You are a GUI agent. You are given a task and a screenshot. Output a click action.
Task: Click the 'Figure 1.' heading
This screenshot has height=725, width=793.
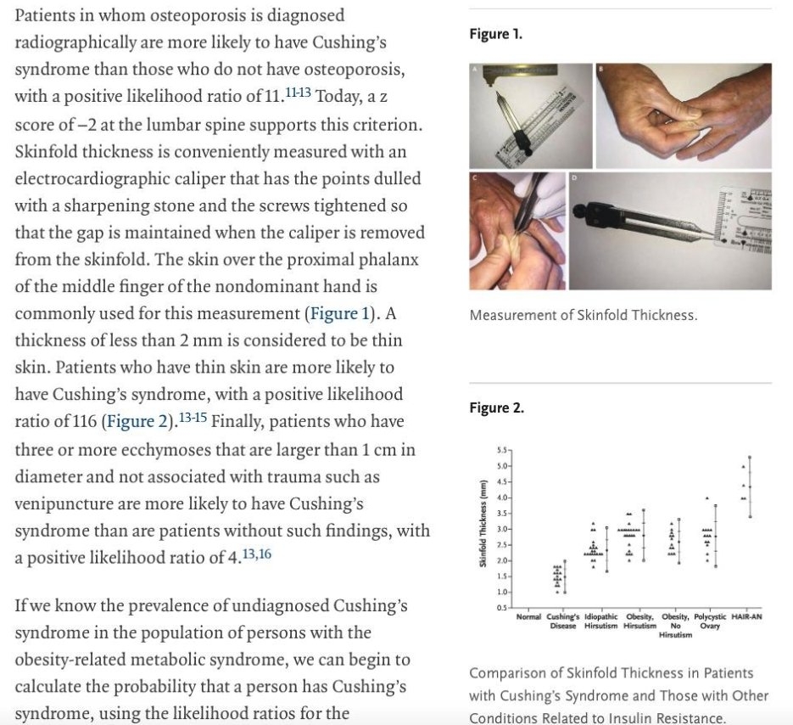495,35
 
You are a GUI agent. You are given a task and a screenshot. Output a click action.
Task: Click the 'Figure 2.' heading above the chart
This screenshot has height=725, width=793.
496,408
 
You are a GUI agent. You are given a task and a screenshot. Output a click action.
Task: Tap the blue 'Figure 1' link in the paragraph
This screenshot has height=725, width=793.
340,313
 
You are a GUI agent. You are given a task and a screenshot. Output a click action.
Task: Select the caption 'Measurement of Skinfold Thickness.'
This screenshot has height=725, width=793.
583,316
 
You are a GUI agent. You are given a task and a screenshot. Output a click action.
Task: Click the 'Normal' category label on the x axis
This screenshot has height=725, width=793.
529,617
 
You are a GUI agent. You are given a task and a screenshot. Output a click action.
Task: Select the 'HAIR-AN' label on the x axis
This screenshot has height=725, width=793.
746,617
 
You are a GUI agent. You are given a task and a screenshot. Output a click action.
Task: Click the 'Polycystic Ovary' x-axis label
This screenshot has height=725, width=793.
710,621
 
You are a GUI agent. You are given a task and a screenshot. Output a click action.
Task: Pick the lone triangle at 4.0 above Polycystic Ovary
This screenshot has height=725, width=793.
706,498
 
